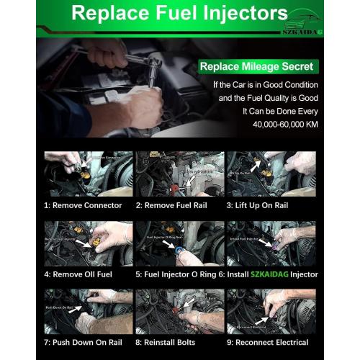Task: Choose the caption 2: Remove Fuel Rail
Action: tap(170, 205)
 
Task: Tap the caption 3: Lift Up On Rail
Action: tap(264, 205)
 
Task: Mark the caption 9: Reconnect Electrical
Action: tap(268, 342)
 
